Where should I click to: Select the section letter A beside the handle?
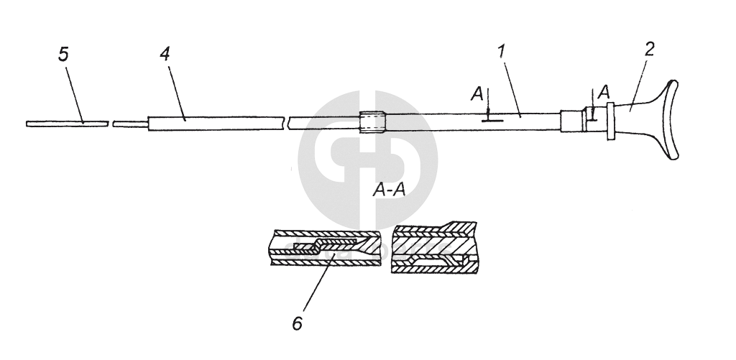pos(604,91)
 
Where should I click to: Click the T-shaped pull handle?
pos(650,119)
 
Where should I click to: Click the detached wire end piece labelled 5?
pos(66,123)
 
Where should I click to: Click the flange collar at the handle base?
pos(610,121)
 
